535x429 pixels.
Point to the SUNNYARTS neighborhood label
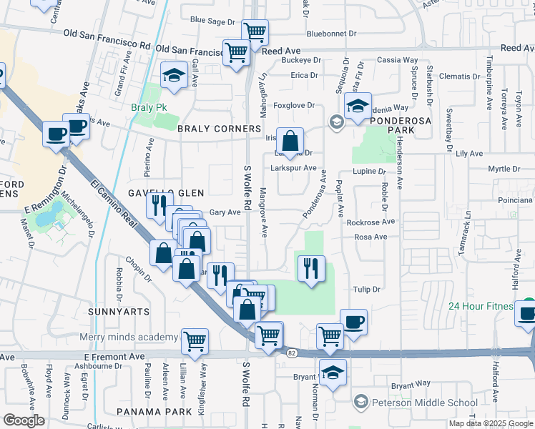tap(119, 312)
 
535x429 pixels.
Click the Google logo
tap(24, 420)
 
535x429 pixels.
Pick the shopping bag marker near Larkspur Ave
tap(290, 139)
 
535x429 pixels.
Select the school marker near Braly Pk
tap(172, 76)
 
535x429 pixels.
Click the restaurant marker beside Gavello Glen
tap(159, 205)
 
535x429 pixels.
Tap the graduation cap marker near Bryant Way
tap(332, 373)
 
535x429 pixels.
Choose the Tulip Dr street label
tap(365, 289)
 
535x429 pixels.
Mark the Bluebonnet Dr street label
tap(330, 34)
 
